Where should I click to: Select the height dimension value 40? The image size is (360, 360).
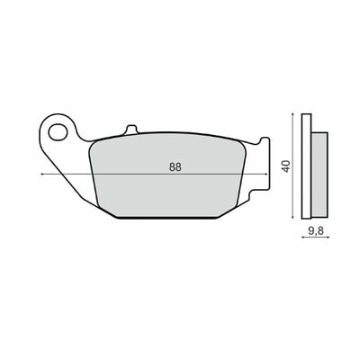tap(285, 166)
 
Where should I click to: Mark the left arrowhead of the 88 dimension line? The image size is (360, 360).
tap(42, 173)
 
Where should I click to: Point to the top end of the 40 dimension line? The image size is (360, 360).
tap(292, 115)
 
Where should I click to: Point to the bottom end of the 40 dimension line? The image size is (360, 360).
tap(292, 219)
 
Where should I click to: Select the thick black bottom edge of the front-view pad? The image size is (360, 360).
tap(171, 219)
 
